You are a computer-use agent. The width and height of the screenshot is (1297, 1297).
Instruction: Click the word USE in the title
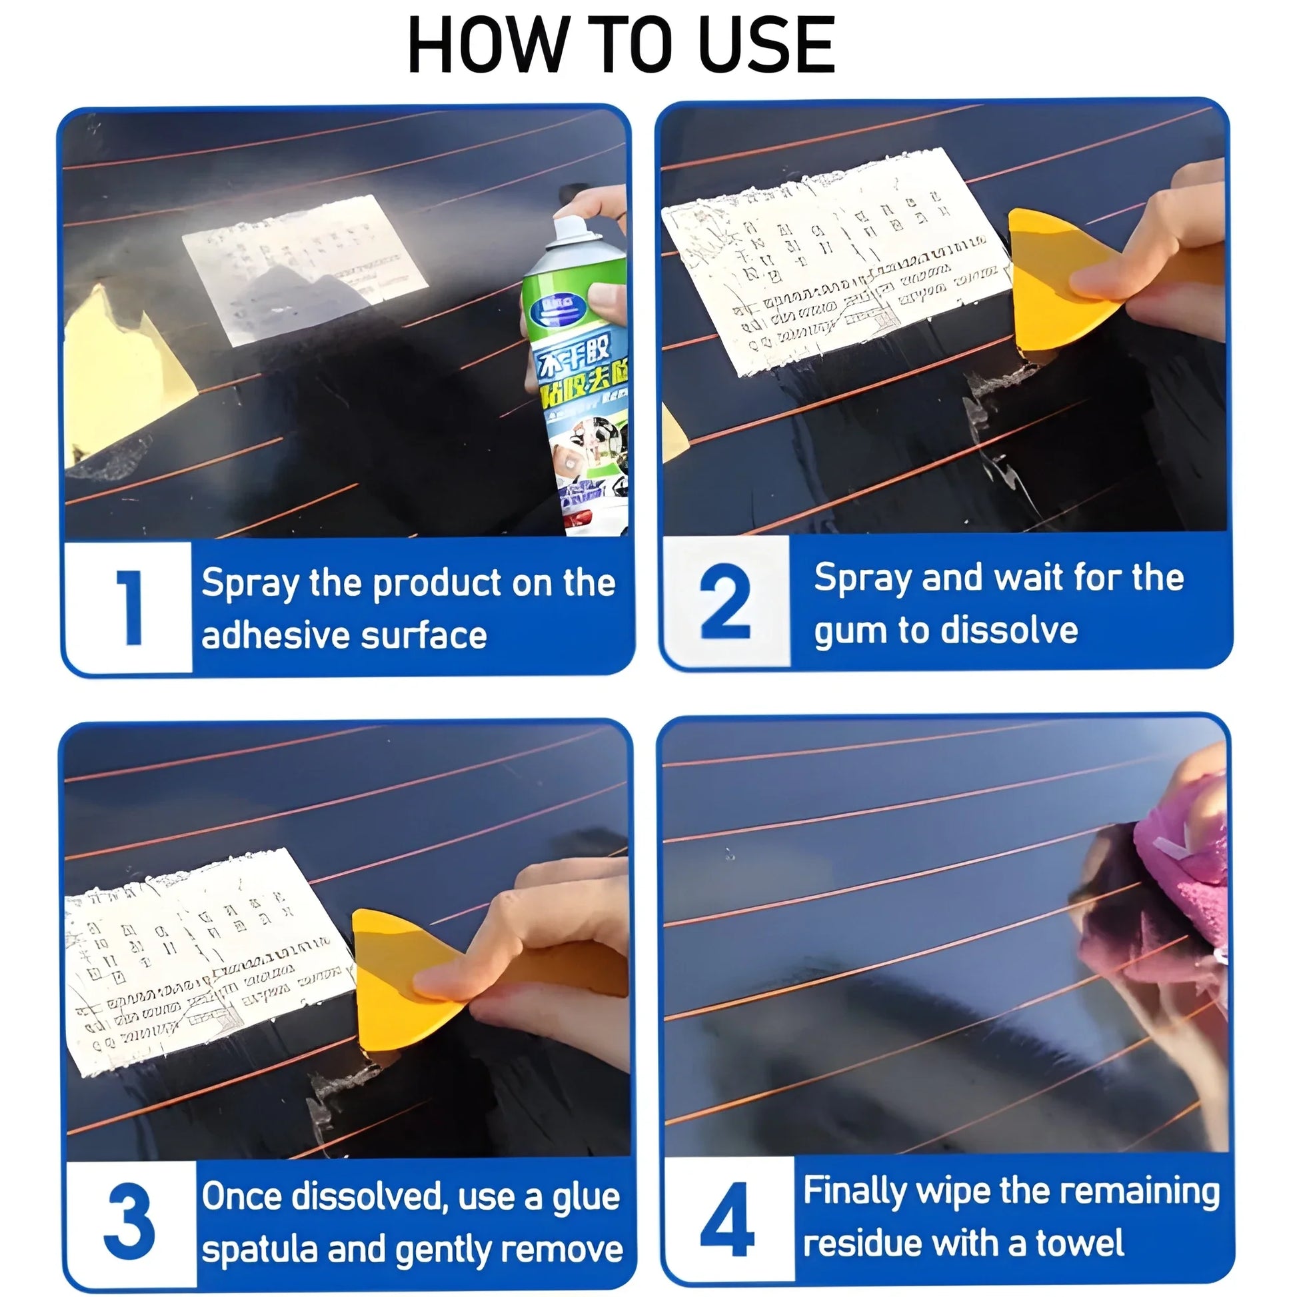[766, 45]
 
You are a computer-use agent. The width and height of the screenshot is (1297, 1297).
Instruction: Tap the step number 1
[129, 609]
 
